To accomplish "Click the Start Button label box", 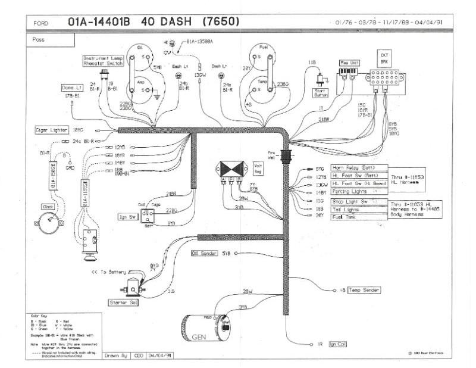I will (321, 92).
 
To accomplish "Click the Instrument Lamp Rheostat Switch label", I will (102, 61).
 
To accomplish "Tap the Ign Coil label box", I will (337, 344).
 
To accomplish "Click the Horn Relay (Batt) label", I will (359, 169).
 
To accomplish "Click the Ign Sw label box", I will (127, 217).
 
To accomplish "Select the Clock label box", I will (48, 206).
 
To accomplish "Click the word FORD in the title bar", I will (41, 23).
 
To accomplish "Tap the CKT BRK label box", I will (384, 58).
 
